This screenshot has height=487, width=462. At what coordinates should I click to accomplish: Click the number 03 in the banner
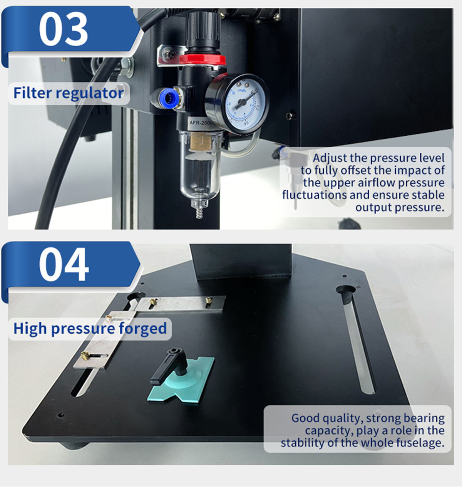(x=64, y=29)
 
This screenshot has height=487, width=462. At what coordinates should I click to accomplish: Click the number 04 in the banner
(x=64, y=265)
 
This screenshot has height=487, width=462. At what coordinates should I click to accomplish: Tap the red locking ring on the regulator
(x=202, y=60)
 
